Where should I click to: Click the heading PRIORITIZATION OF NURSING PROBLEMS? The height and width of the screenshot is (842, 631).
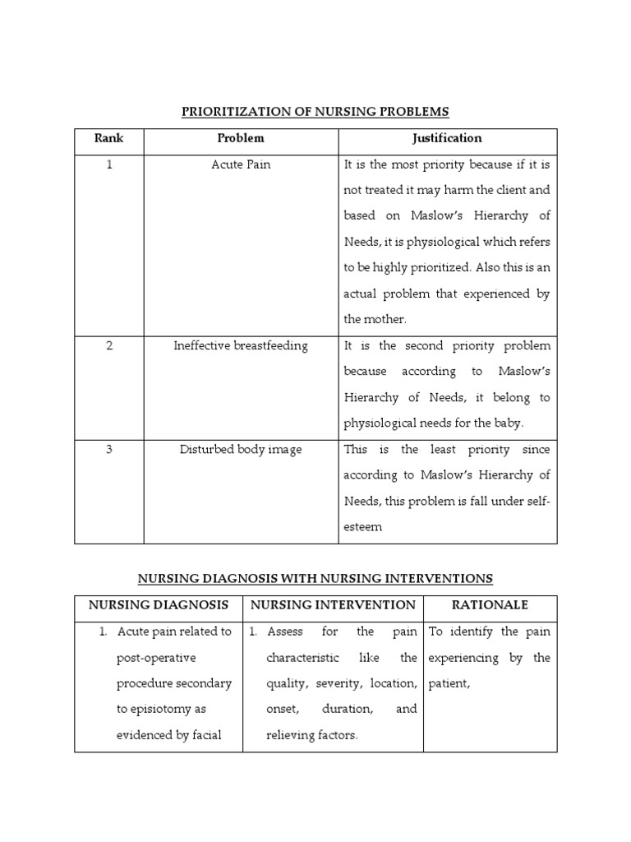pyautogui.click(x=315, y=111)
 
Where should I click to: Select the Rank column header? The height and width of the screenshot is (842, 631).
pyautogui.click(x=108, y=138)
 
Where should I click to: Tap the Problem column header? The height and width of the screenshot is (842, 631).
pyautogui.click(x=241, y=138)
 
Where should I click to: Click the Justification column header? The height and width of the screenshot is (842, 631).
pyautogui.click(x=447, y=138)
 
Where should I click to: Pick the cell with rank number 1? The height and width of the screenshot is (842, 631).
pyautogui.click(x=108, y=164)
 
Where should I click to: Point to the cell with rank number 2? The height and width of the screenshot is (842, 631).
pyautogui.click(x=108, y=345)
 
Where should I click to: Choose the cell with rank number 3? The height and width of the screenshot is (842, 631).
pyautogui.click(x=108, y=449)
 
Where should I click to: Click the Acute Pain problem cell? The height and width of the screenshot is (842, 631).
pyautogui.click(x=241, y=164)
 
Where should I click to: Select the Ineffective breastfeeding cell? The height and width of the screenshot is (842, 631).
pyautogui.click(x=241, y=345)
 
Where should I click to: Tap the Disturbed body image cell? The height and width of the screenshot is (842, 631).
pyautogui.click(x=241, y=449)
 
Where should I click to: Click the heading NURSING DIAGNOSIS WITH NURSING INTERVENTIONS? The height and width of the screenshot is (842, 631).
pyautogui.click(x=315, y=578)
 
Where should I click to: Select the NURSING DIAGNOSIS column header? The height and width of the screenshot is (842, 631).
pyautogui.click(x=159, y=605)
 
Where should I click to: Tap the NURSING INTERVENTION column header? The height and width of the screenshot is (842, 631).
pyautogui.click(x=333, y=605)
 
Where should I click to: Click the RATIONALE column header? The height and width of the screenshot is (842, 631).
pyautogui.click(x=490, y=605)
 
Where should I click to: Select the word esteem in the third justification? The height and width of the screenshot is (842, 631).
pyautogui.click(x=362, y=527)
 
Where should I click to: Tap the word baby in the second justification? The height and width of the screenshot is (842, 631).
pyautogui.click(x=509, y=423)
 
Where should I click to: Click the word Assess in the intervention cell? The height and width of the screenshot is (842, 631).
pyautogui.click(x=284, y=631)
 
